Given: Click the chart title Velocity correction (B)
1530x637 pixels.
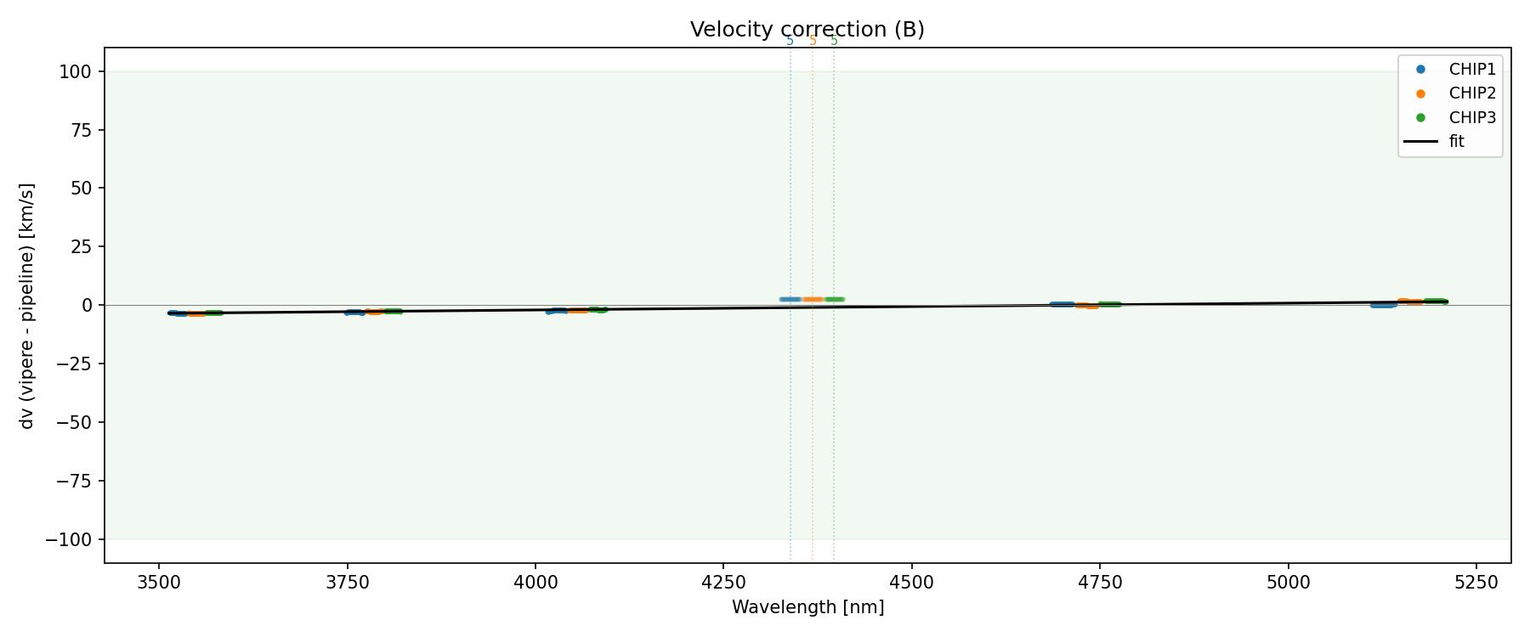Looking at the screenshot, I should click(x=807, y=30).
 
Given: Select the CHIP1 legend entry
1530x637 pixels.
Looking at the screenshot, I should click(x=1471, y=70).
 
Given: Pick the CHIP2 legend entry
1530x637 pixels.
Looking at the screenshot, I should click(x=1471, y=93).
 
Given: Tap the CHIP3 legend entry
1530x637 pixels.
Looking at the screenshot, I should click(x=1471, y=118).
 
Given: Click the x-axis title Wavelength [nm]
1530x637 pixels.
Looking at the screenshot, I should click(x=807, y=607).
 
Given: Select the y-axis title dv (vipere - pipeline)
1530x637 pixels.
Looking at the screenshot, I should click(x=27, y=305).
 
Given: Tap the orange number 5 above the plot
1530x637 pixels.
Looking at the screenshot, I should click(x=813, y=41).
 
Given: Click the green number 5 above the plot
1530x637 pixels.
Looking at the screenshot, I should click(x=834, y=41).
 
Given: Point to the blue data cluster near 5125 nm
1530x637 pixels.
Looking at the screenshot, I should click(x=1383, y=305).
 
